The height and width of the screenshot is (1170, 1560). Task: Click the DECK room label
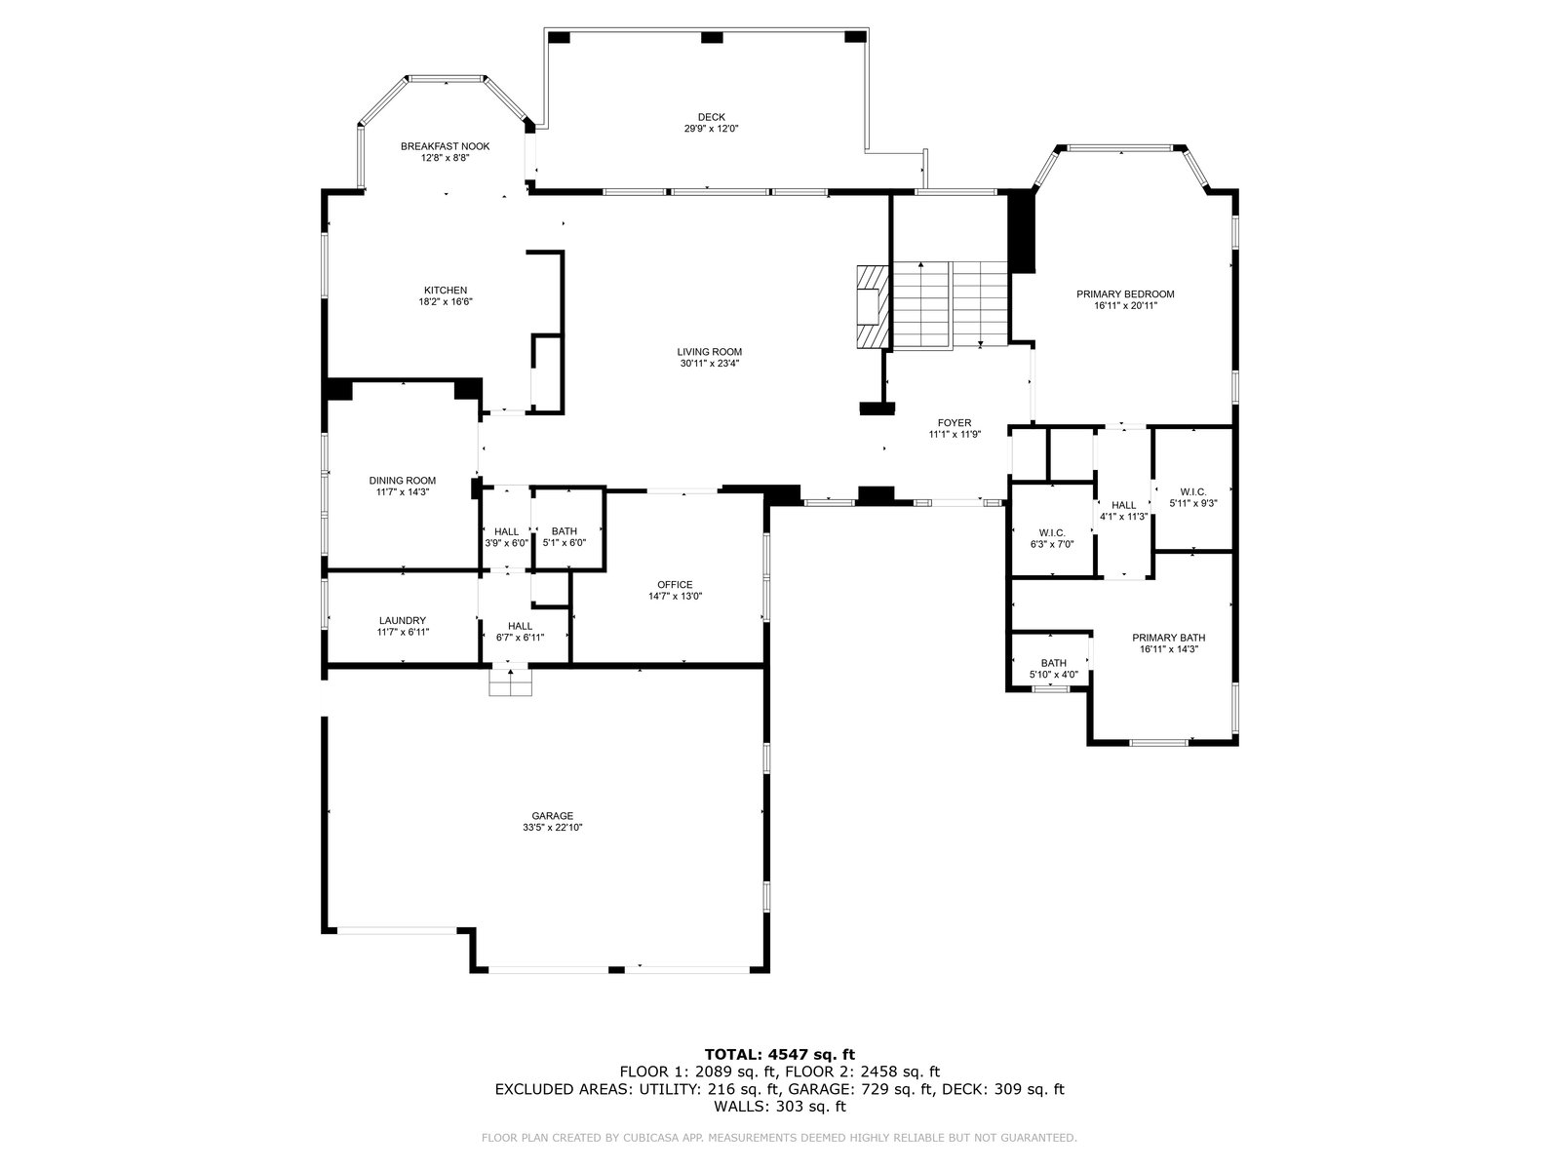pos(711,117)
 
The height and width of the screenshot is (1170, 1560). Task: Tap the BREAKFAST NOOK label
pos(445,146)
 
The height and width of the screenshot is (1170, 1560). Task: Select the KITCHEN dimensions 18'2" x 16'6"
pos(446,302)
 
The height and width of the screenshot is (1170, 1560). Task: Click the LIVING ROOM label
pos(709,352)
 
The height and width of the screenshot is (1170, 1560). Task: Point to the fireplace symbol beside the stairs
pos(873,307)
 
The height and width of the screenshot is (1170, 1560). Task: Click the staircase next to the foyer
pos(951,305)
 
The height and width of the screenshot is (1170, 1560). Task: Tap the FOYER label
pos(955,423)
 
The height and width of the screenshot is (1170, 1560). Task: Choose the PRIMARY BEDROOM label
pos(1125,294)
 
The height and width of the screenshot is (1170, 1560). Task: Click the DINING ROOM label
pos(403,481)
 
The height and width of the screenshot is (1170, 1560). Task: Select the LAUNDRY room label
pos(403,620)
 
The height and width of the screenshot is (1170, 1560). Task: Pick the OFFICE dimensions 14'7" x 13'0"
pos(675,597)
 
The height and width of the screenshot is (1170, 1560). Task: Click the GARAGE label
pos(552,816)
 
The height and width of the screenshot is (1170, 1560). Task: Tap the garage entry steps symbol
pos(510,682)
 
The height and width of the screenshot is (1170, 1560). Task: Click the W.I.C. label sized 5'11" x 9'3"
pos(1193,491)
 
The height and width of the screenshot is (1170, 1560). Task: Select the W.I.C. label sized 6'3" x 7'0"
pos(1052,532)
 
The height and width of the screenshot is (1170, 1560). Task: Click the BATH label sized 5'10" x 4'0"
pos(1053,664)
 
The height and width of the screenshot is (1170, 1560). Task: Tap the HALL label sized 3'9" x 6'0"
pos(507,531)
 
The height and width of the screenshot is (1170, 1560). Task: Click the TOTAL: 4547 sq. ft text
pos(780,1054)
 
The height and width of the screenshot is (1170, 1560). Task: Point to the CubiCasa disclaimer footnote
pos(779,1138)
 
